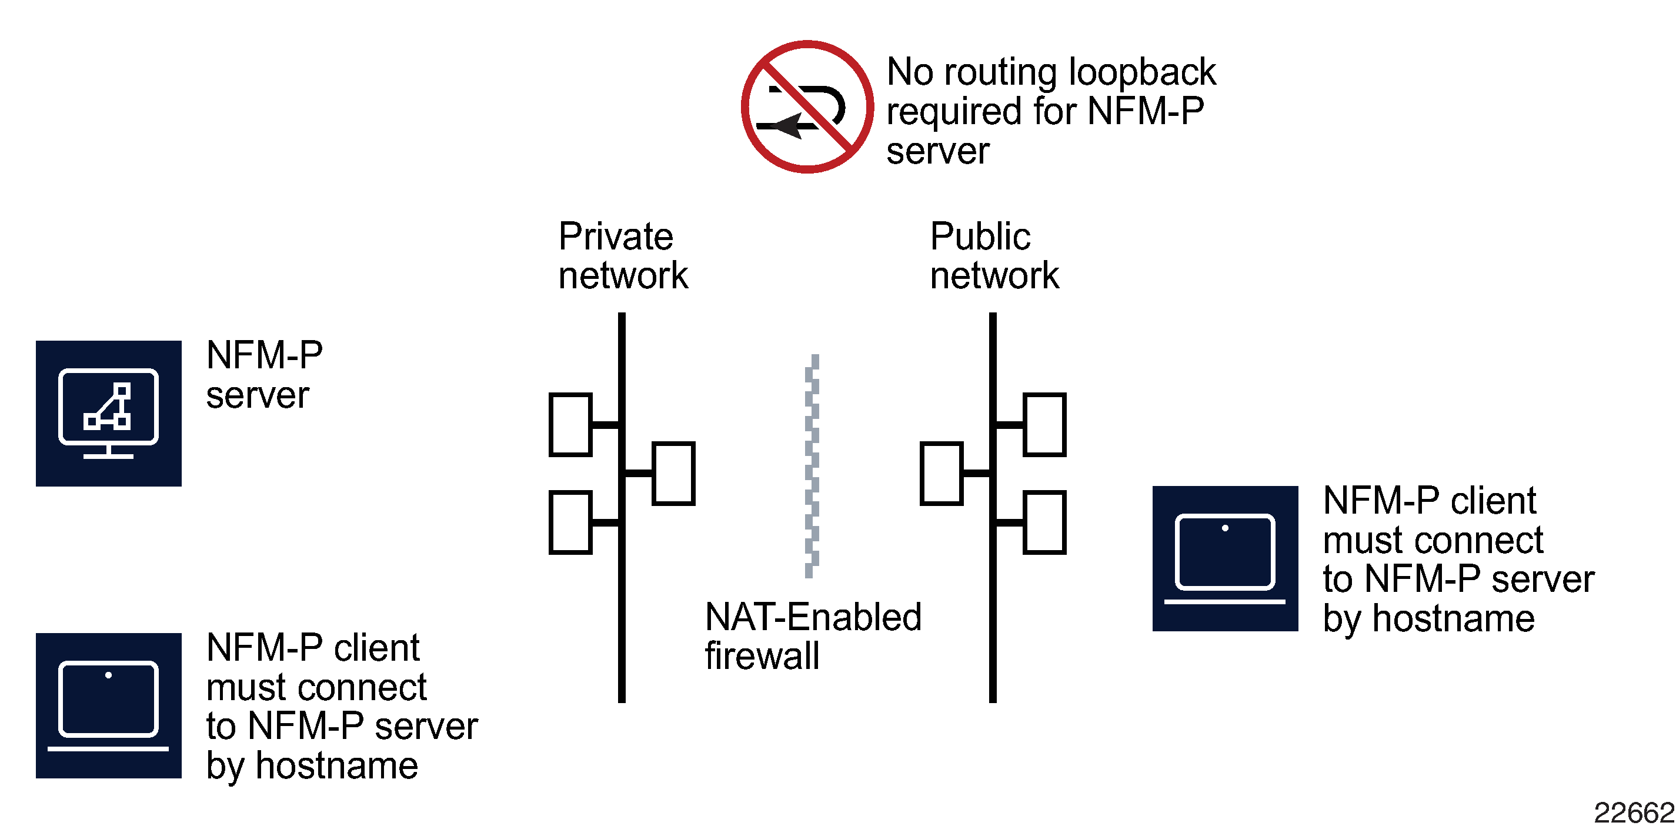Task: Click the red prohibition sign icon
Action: (x=807, y=106)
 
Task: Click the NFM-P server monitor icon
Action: (x=109, y=413)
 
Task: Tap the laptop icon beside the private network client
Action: (x=109, y=705)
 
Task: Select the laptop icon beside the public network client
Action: (x=1224, y=558)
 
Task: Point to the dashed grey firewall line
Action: (x=812, y=465)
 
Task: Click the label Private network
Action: (x=622, y=256)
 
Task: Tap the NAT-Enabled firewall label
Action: (x=812, y=636)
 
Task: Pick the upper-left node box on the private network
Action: (x=570, y=425)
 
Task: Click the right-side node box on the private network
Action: (x=673, y=474)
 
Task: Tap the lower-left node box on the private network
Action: (x=570, y=522)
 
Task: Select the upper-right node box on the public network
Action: (x=1044, y=425)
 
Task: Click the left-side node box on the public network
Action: (x=942, y=474)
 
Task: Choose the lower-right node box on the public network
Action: (x=1044, y=522)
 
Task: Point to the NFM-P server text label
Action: (x=263, y=375)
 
